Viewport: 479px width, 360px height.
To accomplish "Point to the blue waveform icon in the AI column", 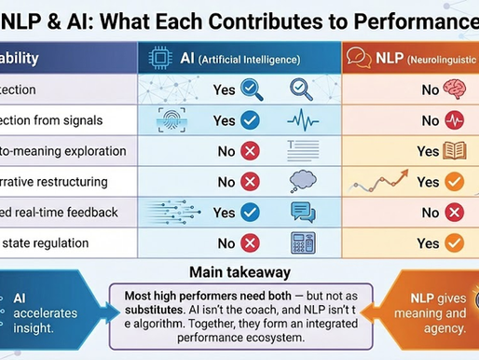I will pos(303,120).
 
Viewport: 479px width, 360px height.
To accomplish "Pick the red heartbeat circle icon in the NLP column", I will pos(455,120).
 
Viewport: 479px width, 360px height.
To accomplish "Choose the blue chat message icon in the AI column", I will pos(303,212).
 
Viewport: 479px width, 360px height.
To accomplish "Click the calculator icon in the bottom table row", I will pos(303,242).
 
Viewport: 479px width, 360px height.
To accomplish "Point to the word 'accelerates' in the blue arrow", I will pos(47,312).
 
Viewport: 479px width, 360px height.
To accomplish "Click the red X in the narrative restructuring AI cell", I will pos(250,182).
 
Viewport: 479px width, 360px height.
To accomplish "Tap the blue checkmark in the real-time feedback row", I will pos(250,213).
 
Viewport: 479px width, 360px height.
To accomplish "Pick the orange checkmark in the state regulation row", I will pos(455,243).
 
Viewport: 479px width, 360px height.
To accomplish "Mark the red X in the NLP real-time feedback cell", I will pos(455,213).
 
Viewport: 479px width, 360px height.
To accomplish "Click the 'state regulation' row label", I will pos(47,243).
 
